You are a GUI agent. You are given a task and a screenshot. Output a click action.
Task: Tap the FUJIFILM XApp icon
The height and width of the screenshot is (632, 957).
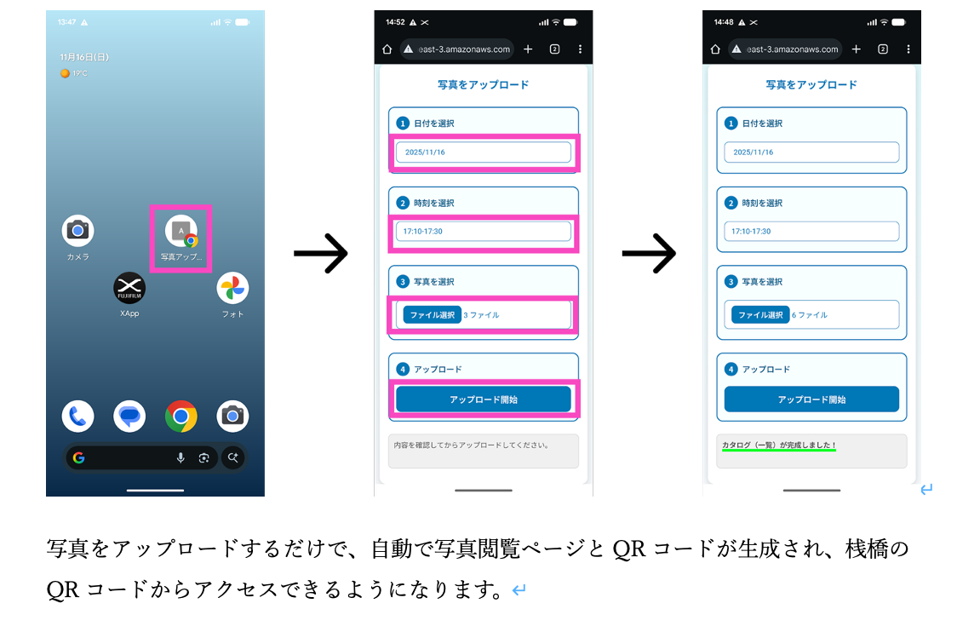pos(129,288)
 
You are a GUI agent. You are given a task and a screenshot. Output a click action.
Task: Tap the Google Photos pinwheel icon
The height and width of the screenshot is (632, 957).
pos(232,288)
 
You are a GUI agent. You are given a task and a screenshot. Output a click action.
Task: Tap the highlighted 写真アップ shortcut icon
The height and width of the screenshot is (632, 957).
pos(181,231)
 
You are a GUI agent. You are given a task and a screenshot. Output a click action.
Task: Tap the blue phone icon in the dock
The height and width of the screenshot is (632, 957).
pos(77,416)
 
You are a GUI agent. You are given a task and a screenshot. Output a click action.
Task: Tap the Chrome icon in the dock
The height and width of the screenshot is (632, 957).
pos(181,416)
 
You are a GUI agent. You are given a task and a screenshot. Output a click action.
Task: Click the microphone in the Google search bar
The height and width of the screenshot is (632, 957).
pos(181,457)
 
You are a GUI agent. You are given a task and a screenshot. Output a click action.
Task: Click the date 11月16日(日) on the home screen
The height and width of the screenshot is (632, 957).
pos(84,57)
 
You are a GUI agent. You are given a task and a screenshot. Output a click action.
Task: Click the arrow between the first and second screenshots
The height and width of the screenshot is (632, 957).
pos(320,253)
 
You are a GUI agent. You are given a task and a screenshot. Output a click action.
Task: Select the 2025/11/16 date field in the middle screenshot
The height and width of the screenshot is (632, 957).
pos(483,152)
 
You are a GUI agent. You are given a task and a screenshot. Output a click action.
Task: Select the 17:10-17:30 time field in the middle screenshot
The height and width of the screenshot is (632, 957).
pos(483,232)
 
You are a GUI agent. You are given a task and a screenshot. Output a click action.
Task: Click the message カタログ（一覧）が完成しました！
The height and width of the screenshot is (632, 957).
pos(779,445)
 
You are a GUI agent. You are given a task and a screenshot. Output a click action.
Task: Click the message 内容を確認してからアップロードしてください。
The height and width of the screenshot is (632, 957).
pos(471,445)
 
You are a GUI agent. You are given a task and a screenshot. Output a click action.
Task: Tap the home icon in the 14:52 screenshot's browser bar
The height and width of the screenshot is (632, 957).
pos(387,49)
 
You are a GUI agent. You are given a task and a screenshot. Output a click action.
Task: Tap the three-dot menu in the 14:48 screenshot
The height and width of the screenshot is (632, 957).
pos(908,49)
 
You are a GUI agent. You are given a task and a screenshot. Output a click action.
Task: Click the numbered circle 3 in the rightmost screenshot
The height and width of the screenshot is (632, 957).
pos(731,282)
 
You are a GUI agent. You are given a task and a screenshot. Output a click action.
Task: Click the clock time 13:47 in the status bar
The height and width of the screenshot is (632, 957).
pos(67,22)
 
